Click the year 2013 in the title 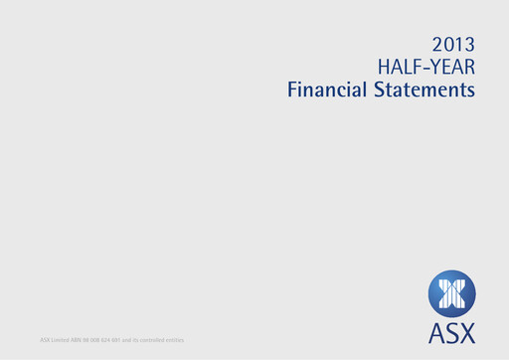454,44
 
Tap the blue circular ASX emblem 452,295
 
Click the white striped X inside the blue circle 452,295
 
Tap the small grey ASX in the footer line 45,341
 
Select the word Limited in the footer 62,341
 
